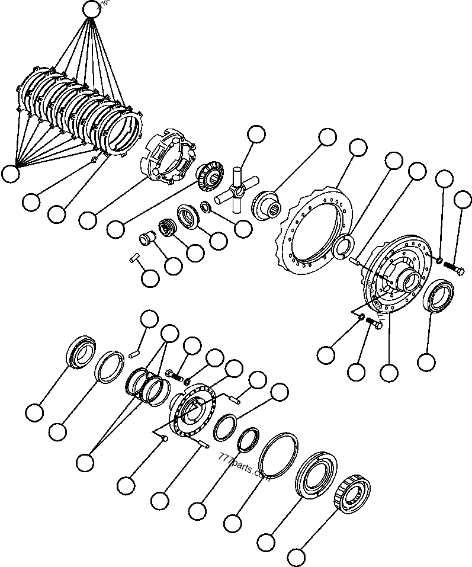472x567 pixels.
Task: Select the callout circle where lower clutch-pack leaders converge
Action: [10, 173]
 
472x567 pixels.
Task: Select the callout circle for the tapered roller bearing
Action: [297, 557]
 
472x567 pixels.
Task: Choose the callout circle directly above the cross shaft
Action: [256, 135]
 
